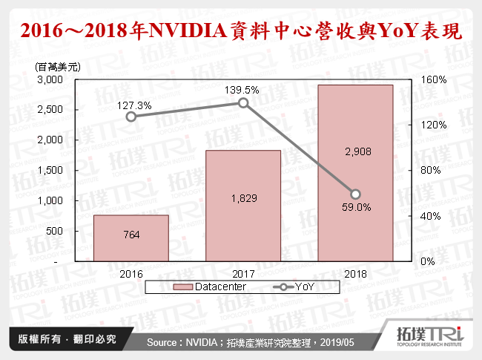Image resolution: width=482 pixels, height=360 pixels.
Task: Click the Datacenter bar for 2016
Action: [131, 238]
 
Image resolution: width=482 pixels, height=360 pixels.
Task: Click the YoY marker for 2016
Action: [131, 117]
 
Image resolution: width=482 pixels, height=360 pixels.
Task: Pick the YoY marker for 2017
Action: [243, 102]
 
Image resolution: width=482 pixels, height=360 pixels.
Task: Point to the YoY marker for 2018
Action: [355, 194]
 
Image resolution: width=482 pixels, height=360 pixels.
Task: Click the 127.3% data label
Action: [134, 105]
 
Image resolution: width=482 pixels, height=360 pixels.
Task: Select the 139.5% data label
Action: [242, 89]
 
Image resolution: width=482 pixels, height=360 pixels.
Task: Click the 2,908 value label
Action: [354, 151]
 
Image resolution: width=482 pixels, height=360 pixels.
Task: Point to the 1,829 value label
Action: [242, 198]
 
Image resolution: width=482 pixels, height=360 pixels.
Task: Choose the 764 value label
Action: [131, 235]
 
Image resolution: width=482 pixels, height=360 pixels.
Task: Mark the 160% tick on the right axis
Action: [433, 79]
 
